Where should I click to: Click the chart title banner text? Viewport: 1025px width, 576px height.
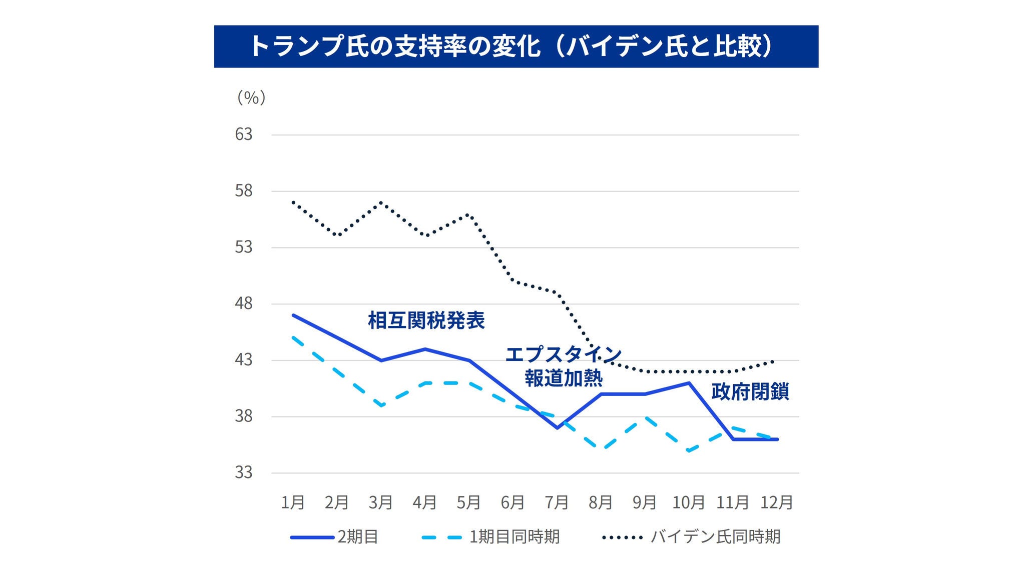(x=516, y=46)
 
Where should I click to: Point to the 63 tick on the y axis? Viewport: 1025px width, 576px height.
(x=244, y=134)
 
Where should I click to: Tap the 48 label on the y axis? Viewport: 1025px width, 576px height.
(x=244, y=303)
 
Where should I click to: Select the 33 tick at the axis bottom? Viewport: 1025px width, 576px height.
(x=244, y=472)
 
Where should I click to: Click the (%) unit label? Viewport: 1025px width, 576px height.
(x=251, y=97)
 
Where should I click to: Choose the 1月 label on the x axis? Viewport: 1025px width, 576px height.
(x=293, y=502)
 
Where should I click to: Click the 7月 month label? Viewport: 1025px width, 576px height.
(x=557, y=502)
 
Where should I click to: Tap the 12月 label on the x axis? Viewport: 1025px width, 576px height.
(x=777, y=502)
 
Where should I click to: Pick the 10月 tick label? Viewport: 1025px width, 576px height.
(x=689, y=502)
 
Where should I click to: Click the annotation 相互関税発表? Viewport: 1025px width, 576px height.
(x=426, y=320)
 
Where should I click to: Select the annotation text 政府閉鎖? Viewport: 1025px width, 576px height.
(x=750, y=391)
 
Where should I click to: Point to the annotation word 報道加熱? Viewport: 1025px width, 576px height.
(x=564, y=378)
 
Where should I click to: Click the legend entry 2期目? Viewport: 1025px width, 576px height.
(x=357, y=537)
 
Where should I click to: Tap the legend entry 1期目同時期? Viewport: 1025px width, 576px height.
(x=514, y=537)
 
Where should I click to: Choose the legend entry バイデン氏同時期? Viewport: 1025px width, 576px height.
(x=715, y=537)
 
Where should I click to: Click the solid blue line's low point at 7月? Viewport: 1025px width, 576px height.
(x=557, y=428)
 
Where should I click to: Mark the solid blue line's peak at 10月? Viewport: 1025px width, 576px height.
(x=689, y=383)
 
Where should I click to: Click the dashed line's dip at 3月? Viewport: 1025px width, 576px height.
(x=381, y=405)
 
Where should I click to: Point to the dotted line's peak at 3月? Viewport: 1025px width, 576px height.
(x=381, y=202)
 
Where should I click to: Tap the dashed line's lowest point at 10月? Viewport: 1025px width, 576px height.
(x=689, y=450)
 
